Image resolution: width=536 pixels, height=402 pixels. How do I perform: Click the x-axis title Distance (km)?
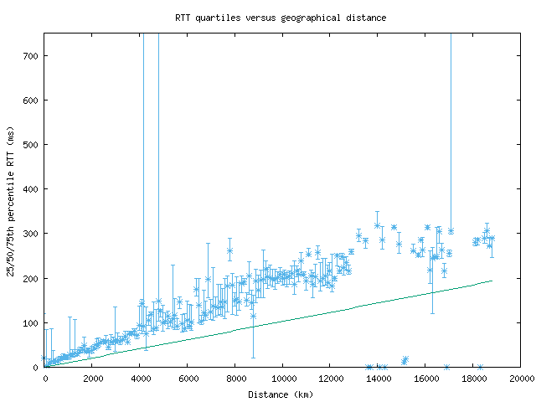[281, 394]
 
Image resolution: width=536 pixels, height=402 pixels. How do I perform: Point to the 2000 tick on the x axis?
[92, 379]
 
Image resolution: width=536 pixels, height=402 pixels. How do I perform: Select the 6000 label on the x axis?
[188, 379]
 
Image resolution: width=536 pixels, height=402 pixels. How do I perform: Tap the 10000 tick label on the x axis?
[283, 379]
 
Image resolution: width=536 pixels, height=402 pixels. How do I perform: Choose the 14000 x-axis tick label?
[379, 379]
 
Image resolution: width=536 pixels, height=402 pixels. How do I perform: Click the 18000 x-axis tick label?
[473, 379]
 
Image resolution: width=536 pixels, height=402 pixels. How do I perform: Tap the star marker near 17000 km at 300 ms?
[451, 231]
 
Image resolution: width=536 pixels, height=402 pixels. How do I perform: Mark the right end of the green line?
[492, 281]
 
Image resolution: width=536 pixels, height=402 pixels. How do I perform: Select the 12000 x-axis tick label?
[331, 379]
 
